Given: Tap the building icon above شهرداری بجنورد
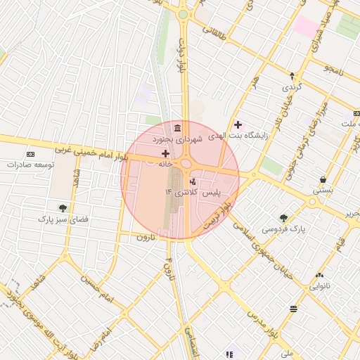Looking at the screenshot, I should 176,129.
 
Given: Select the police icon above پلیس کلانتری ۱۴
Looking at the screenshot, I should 193,181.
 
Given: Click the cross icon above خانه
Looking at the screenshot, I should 165,153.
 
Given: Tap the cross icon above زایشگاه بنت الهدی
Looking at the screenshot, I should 238,124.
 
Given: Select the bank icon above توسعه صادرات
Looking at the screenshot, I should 30,153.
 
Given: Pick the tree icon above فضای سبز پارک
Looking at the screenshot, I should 63,208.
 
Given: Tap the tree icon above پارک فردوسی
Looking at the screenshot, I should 283,218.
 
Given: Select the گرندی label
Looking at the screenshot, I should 292,87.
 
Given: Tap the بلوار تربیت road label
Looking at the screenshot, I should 217,214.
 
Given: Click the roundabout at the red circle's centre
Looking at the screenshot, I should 186,165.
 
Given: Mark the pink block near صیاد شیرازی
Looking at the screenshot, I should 306,27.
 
